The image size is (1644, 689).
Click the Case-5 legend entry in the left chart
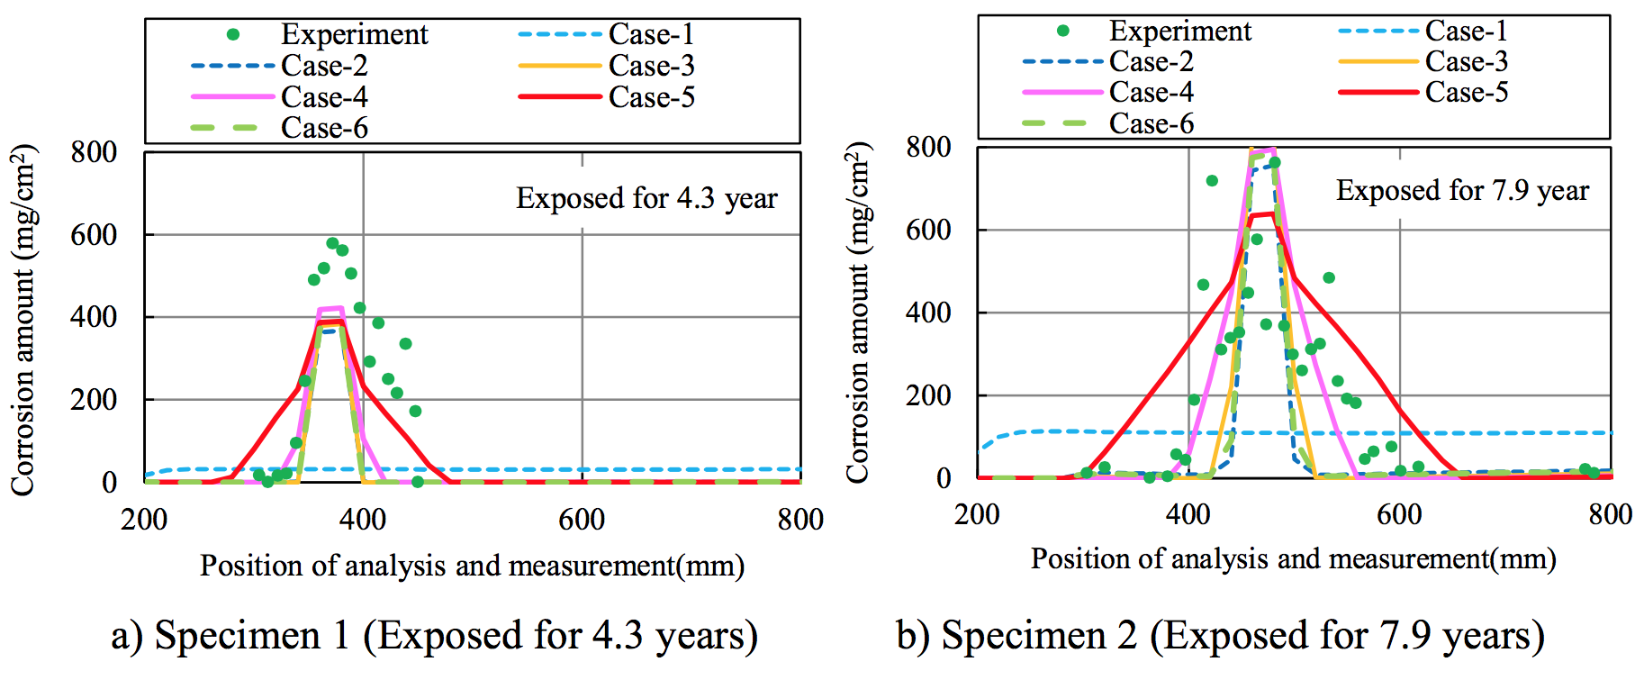(x=651, y=97)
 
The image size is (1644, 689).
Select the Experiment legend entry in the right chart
(x=1179, y=32)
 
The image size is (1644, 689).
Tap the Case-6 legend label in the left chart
(x=324, y=128)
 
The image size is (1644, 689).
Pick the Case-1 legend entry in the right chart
(x=1466, y=32)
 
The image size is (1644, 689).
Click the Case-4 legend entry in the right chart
(x=1151, y=92)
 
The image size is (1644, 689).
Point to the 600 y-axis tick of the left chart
(x=94, y=235)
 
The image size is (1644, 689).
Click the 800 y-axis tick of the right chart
(x=928, y=147)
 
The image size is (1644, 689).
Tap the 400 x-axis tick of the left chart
(x=363, y=520)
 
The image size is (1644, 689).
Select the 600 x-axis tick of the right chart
(x=1399, y=515)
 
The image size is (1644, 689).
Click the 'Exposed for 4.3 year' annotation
(x=646, y=198)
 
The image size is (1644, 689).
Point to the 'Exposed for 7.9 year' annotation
(x=1462, y=191)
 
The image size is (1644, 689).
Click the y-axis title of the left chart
(x=23, y=319)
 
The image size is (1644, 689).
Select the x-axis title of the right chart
(x=1293, y=559)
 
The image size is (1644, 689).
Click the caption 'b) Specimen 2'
(x=1220, y=636)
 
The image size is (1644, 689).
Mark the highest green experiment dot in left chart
(x=332, y=243)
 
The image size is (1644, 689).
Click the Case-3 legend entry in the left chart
(x=651, y=66)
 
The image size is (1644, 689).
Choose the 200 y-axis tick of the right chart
(x=928, y=395)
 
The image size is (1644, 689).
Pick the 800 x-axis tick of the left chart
(x=800, y=520)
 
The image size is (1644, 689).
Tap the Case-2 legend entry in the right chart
(x=1151, y=62)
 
